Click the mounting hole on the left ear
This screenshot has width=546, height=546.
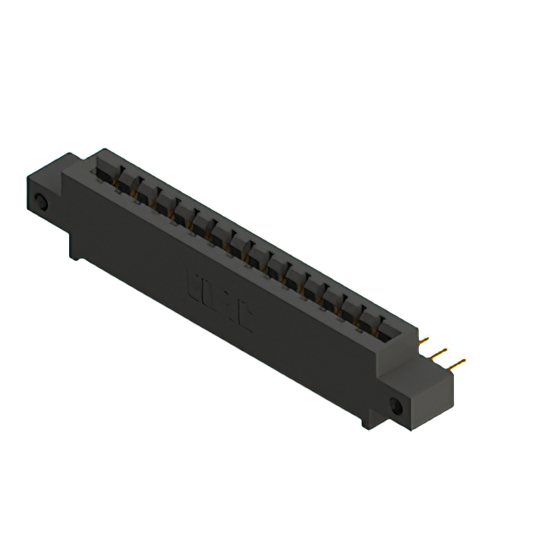(x=40, y=202)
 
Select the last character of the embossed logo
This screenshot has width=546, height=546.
(x=246, y=322)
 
